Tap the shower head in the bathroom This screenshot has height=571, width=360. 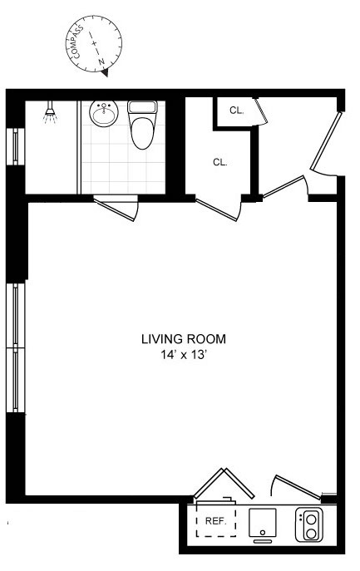pos(51,113)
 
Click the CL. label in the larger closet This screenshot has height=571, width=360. pos(219,162)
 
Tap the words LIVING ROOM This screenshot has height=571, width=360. pos(183,339)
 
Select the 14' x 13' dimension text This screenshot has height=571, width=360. pos(183,355)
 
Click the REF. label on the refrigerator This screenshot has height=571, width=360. pos(216,521)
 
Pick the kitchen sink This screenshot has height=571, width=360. pos(263,523)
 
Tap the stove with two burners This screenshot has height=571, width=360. pos(309,524)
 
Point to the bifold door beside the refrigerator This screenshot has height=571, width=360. pos(224,485)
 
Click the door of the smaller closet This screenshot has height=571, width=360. pos(259,111)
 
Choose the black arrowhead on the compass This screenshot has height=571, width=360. pos(106,71)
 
